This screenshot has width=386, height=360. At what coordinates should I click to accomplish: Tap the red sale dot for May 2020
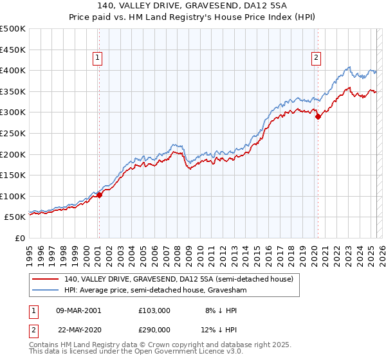click(318, 116)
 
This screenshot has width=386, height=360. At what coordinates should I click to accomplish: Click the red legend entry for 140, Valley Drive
click(178, 279)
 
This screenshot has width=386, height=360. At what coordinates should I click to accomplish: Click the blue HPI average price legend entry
click(156, 291)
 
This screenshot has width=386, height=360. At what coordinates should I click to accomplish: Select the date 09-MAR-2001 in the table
click(79, 310)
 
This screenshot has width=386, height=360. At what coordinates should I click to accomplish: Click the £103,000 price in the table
click(154, 310)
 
